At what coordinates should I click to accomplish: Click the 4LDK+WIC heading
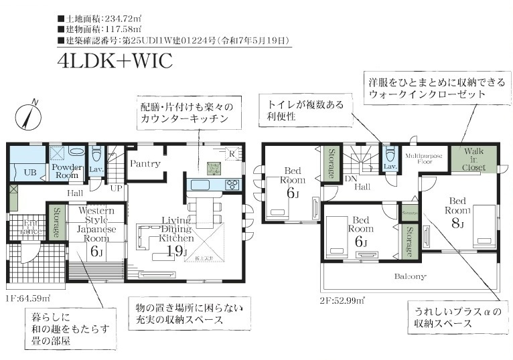tap(115, 61)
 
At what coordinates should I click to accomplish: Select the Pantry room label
tap(145, 163)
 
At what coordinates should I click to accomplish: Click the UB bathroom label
tap(29, 171)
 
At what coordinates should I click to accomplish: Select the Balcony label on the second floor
tap(409, 276)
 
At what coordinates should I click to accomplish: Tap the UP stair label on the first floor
tap(116, 188)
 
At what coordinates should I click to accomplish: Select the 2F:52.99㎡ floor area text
tap(341, 299)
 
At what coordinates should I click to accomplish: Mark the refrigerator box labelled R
tap(231, 154)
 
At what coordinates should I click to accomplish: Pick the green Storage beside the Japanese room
tap(56, 223)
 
